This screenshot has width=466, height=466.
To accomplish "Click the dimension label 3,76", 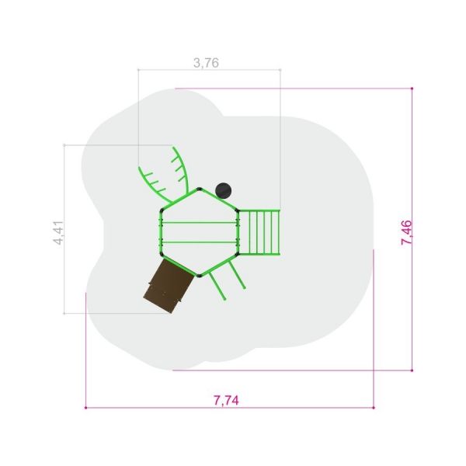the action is [206, 63].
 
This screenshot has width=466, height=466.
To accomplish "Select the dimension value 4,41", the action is [58, 233].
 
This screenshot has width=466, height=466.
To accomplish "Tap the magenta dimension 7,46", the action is [406, 232].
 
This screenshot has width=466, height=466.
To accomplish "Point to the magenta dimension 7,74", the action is [226, 400].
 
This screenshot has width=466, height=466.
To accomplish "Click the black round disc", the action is [223, 191].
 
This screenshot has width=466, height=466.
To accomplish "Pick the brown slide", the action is [169, 286].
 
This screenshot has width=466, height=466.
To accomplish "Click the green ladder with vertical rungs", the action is [259, 232].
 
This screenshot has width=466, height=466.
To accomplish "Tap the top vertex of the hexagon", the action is [199, 189].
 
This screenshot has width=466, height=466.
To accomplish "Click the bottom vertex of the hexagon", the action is [199, 276].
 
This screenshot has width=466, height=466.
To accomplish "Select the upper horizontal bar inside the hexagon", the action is [199, 222].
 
